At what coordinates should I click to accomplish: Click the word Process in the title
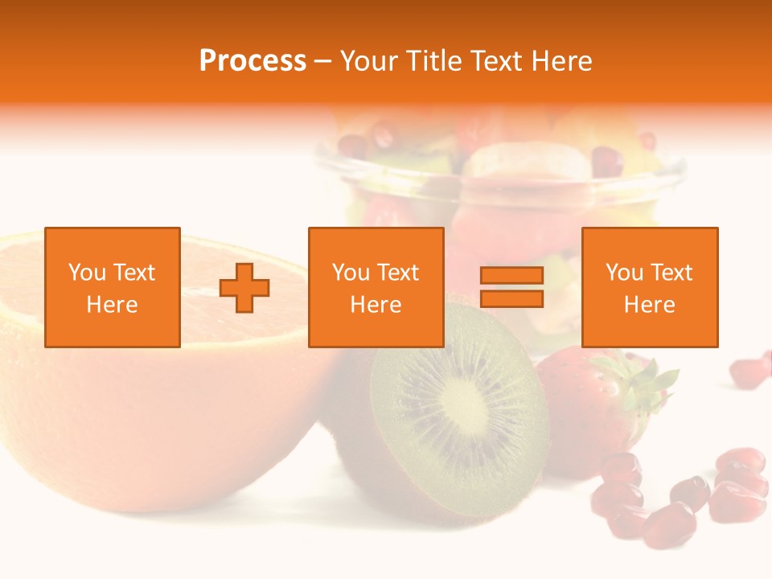click(x=253, y=61)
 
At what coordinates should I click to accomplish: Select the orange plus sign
click(x=245, y=287)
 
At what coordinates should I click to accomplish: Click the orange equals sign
click(x=511, y=287)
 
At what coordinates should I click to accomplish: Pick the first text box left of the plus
click(x=113, y=287)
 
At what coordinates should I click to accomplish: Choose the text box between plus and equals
click(x=376, y=287)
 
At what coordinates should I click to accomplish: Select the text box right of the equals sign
click(x=650, y=287)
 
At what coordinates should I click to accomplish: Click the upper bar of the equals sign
click(x=511, y=276)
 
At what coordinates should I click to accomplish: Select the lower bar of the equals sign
click(x=511, y=298)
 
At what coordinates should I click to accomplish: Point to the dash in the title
click(x=323, y=62)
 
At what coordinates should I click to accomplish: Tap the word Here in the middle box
click(x=376, y=305)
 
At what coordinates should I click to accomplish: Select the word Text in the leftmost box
click(x=133, y=273)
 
